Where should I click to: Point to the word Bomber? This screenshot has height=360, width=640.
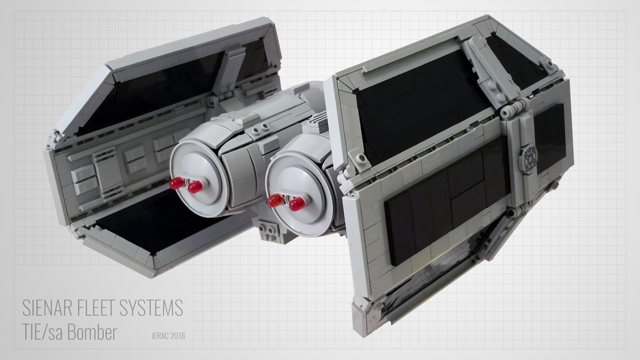[91, 333]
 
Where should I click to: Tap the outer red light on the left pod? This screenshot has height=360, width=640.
[176, 182]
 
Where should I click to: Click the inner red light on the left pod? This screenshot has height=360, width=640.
[195, 187]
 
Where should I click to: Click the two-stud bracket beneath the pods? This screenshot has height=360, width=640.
[266, 231]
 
